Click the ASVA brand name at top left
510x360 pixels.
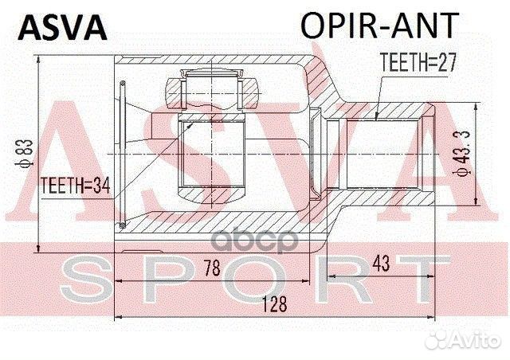(62, 26)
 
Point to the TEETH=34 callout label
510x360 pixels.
(74, 185)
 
